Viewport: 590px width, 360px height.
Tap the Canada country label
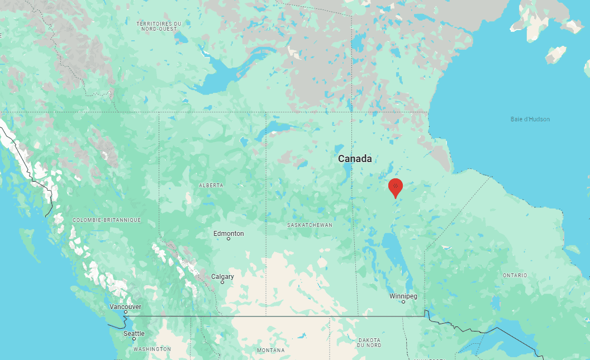tap(355, 159)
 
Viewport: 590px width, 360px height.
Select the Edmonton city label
tap(229, 233)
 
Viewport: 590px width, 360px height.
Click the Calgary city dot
tap(222, 282)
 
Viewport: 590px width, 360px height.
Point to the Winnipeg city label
tap(403, 296)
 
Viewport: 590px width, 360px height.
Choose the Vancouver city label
tap(125, 306)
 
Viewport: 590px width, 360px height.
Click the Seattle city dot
tap(134, 339)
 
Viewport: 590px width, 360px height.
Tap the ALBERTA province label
tap(211, 185)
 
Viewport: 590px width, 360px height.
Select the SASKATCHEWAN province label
tap(310, 225)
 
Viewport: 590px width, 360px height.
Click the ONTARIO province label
tap(515, 276)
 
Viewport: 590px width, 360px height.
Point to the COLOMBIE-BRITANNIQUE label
tap(106, 220)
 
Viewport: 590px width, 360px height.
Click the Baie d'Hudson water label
tap(530, 119)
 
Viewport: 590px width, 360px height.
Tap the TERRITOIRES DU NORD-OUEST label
tap(159, 26)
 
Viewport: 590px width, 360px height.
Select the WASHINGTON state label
tap(152, 349)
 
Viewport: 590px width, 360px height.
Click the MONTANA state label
tap(270, 350)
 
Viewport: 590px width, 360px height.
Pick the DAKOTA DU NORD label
tap(369, 343)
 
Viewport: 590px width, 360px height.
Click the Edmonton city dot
tap(229, 239)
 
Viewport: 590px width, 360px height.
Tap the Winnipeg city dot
tap(403, 302)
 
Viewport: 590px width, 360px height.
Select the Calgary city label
tap(222, 276)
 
